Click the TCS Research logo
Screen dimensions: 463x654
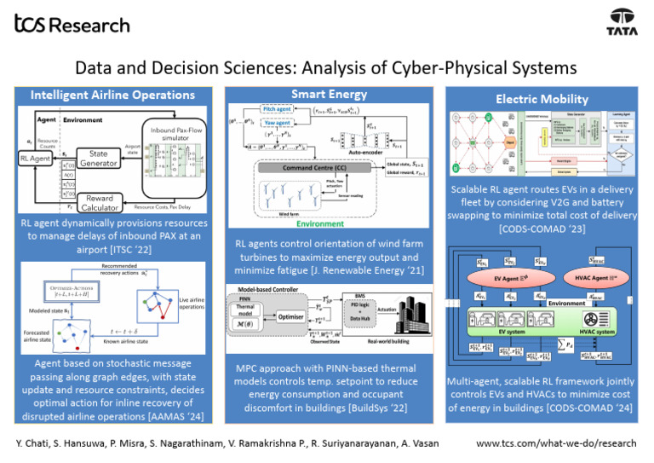coord(72,24)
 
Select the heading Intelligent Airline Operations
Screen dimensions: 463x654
coord(112,95)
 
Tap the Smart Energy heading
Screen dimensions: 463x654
coord(327,94)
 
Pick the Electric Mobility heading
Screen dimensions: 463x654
coord(542,99)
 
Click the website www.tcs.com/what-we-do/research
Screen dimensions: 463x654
coord(556,443)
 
